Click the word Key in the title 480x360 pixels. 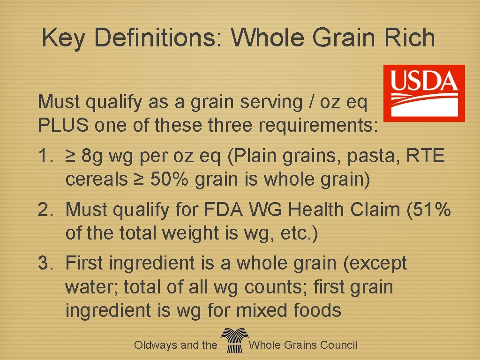tap(63, 38)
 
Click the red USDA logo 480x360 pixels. tap(424, 93)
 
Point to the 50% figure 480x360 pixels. tap(169, 180)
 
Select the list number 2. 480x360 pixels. tap(45, 210)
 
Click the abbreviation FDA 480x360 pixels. tap(221, 210)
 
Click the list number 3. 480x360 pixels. tap(45, 263)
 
